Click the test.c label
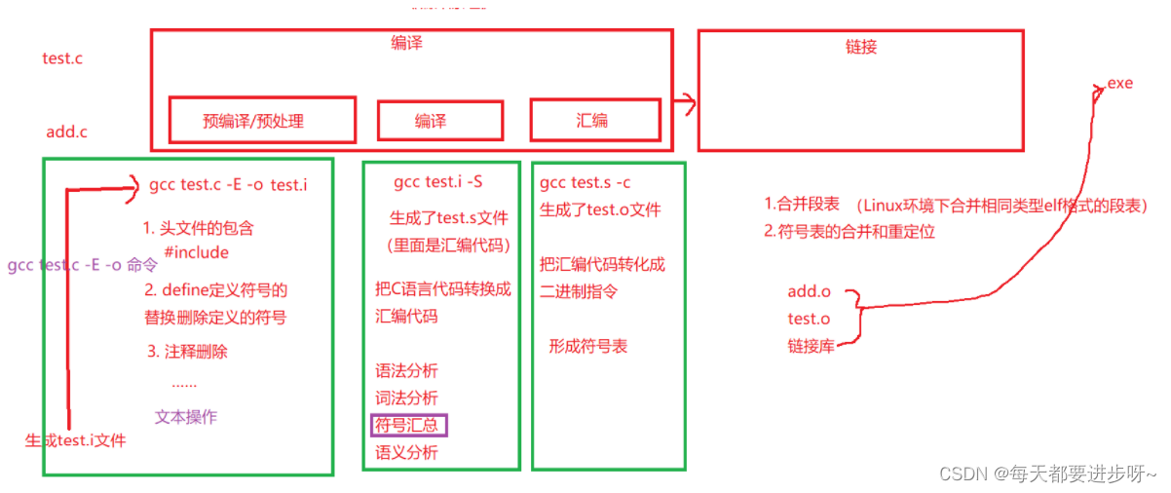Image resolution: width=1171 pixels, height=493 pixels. [62, 58]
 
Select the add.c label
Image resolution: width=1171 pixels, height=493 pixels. [66, 132]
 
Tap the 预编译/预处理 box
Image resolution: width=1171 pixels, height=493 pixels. [261, 120]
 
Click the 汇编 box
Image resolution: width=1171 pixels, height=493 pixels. [594, 120]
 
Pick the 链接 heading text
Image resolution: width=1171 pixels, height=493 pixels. [860, 46]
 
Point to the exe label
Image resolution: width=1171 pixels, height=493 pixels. [1119, 84]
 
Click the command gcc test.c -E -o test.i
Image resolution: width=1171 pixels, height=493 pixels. [228, 184]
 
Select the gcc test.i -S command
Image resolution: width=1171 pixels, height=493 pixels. [437, 182]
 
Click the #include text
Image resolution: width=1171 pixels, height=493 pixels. [196, 252]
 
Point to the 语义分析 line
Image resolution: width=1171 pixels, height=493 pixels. [406, 452]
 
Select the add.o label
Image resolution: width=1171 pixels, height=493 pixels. [809, 292]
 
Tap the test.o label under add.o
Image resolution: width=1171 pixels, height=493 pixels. [809, 319]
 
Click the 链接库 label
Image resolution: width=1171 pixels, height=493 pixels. [811, 345]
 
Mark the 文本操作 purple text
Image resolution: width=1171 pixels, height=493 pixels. [186, 417]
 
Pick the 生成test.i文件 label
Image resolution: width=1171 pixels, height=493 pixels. [75, 440]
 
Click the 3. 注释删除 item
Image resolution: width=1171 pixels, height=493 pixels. [188, 352]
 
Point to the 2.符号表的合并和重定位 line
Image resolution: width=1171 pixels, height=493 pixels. [850, 232]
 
